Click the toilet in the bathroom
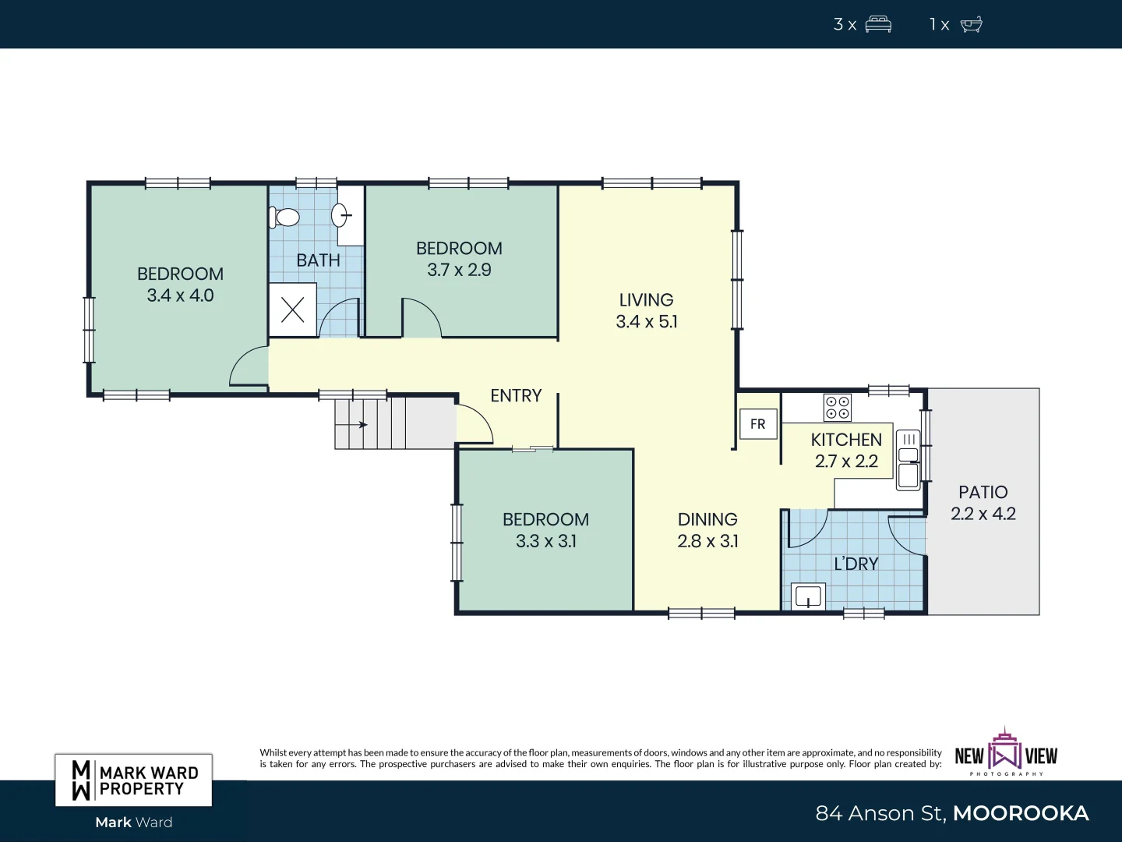point(285,217)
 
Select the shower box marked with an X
point(292,310)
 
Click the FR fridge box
point(758,424)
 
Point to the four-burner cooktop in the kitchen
point(838,408)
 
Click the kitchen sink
point(909,460)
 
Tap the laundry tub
point(808,596)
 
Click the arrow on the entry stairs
point(362,425)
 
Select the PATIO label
point(983,492)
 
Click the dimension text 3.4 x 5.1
point(647,321)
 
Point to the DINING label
point(707,519)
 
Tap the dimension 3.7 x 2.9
point(459,270)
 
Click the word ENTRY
point(516,396)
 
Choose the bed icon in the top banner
point(878,24)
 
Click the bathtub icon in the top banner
point(971,24)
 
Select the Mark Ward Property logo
point(134,780)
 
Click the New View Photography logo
point(1006,753)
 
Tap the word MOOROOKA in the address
point(1021,813)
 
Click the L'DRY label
point(856,564)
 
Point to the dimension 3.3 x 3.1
point(546,541)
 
